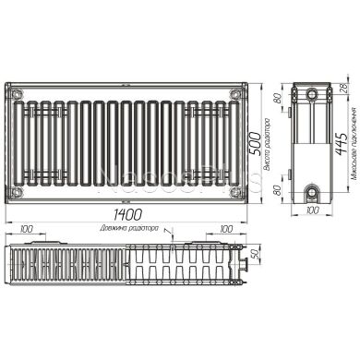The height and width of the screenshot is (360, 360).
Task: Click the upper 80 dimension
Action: (277, 99)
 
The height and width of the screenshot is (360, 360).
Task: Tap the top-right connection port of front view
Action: (239, 92)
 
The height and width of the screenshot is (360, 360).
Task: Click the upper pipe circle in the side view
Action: (313, 95)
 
